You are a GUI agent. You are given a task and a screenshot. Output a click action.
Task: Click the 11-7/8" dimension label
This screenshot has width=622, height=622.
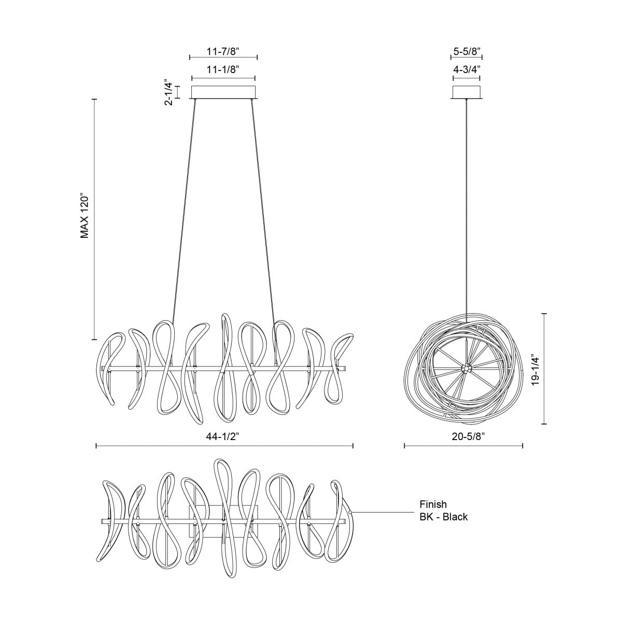(x=223, y=51)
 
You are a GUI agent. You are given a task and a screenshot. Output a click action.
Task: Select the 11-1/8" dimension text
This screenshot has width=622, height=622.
(x=223, y=68)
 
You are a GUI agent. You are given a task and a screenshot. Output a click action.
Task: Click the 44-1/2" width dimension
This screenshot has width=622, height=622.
(x=224, y=437)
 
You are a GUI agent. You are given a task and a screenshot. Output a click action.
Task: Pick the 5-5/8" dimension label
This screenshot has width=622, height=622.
(x=466, y=51)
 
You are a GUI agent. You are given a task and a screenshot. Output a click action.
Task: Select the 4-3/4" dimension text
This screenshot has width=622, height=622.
(x=466, y=68)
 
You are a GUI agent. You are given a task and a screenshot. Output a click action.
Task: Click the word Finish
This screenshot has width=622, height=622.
(x=433, y=504)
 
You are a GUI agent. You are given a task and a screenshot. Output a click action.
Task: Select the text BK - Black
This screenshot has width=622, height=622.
(x=444, y=517)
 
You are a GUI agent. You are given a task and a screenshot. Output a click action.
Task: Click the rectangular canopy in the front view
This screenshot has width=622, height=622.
(x=223, y=92)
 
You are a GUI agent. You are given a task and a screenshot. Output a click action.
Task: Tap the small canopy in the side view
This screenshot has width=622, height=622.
(x=466, y=92)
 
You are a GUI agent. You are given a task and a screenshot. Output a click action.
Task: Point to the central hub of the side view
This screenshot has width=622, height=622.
(x=466, y=369)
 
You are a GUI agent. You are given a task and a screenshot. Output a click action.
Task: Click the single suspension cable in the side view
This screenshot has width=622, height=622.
(x=466, y=207)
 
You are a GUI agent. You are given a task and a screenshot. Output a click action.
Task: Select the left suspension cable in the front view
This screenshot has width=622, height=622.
(x=184, y=207)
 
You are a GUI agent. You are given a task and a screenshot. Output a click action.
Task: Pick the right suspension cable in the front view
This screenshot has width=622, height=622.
(x=263, y=207)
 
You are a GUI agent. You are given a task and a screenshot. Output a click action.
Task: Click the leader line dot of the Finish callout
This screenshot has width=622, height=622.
(x=351, y=512)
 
